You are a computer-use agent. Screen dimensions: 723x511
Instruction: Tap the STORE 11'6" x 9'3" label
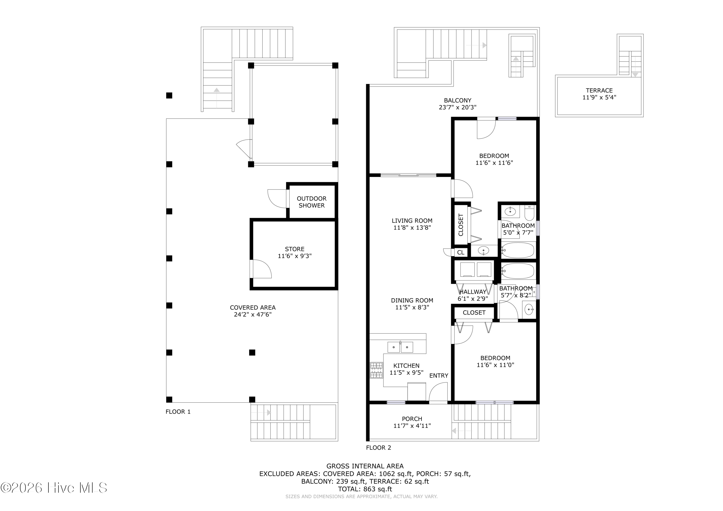click(x=295, y=252)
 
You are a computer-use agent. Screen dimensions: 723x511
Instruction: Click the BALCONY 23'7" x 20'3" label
click(x=458, y=104)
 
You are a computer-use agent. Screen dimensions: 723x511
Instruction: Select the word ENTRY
click(x=439, y=376)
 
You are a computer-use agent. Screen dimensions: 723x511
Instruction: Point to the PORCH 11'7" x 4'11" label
click(x=412, y=422)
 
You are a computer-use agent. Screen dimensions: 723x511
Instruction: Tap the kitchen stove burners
click(x=376, y=370)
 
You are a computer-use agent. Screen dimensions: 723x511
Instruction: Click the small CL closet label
click(x=461, y=252)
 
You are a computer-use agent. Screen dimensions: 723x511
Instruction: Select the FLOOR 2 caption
click(x=379, y=448)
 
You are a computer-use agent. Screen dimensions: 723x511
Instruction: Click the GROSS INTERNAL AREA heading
click(x=365, y=466)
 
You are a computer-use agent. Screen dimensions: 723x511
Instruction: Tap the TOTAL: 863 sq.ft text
click(x=365, y=489)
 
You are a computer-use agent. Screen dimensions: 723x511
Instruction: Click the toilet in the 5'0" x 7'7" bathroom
click(x=529, y=213)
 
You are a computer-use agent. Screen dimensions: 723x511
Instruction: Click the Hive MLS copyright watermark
click(x=54, y=488)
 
